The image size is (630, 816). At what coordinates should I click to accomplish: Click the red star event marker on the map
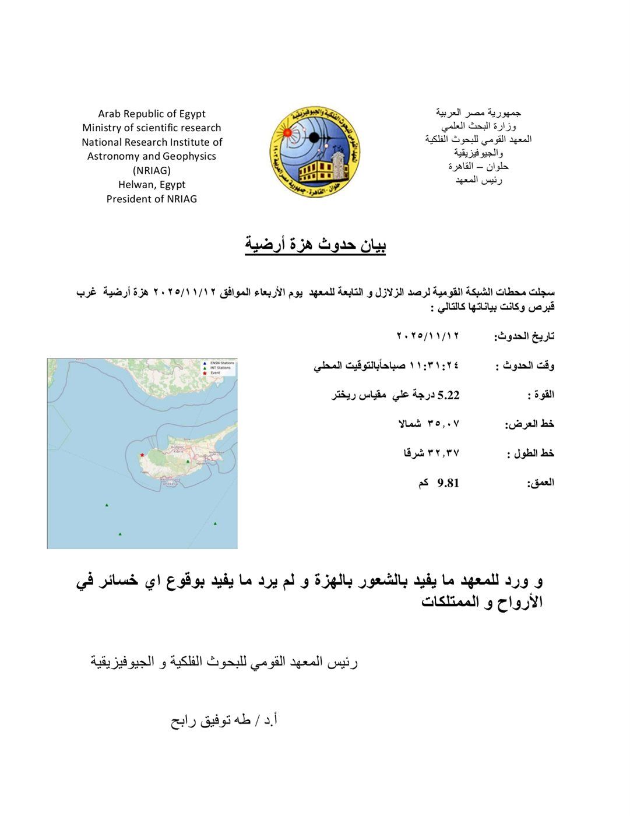click(142, 455)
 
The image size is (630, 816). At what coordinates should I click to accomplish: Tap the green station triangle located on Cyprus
click(188, 461)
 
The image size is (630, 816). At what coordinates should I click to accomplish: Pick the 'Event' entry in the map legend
click(215, 372)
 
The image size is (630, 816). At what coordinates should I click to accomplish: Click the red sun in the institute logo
click(287, 133)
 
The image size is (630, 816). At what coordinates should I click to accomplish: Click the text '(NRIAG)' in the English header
click(152, 170)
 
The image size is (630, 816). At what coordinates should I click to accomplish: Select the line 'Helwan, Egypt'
click(152, 184)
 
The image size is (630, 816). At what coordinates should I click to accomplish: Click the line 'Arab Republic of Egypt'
click(152, 114)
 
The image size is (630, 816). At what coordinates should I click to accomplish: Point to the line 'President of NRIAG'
click(152, 199)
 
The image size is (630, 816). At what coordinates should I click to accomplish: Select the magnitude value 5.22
click(448, 395)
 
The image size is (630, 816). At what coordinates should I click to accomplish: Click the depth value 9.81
click(448, 483)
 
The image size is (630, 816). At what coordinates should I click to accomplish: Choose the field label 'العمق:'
click(540, 483)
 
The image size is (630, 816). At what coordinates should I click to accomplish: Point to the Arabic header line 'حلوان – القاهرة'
click(478, 166)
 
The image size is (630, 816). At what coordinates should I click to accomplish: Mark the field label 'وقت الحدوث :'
click(525, 366)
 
